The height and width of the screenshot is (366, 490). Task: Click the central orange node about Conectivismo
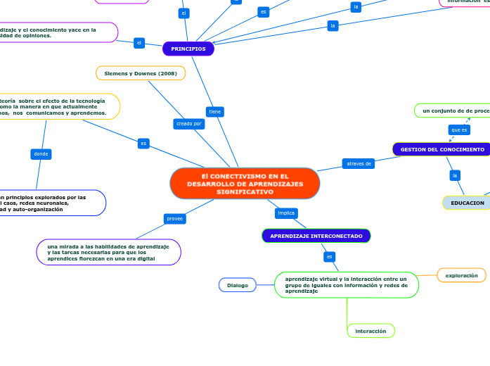pos(245,184)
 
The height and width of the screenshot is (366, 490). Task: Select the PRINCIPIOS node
pos(188,49)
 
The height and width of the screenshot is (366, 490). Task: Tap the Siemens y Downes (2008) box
pos(141,73)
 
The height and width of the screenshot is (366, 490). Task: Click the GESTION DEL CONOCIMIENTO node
pos(441,149)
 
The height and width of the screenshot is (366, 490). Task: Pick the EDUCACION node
pos(467,203)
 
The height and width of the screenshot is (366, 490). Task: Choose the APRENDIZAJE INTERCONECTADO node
pos(316,236)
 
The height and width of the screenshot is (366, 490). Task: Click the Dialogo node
pos(238,285)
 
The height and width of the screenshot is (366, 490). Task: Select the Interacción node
pos(370,330)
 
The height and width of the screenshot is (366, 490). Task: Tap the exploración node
pos(461,275)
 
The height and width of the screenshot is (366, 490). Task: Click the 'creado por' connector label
pos(188,124)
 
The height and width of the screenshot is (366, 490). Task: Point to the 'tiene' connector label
pos(215,111)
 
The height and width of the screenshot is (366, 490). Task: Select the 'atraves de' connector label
pos(359,164)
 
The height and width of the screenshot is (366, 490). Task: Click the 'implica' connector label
pos(286,213)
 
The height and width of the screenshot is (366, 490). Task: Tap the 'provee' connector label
pos(174,219)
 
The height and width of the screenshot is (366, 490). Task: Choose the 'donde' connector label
pos(41,153)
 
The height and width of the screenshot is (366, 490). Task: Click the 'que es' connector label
pos(459,130)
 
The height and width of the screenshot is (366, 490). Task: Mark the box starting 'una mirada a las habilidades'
pos(108,253)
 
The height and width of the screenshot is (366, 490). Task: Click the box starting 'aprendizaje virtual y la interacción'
pos(346,285)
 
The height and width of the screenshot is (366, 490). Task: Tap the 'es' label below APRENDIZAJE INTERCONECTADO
pos(329,257)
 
